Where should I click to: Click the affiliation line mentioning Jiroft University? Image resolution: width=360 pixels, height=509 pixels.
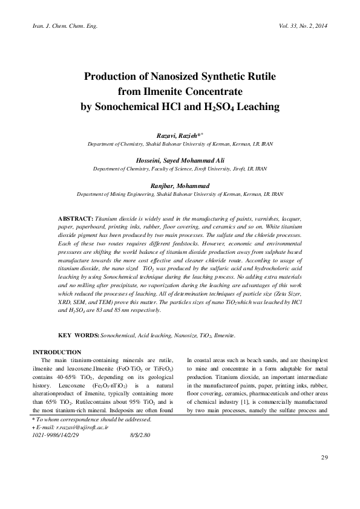180,169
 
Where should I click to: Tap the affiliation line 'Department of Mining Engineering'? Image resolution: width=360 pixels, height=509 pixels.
180,195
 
